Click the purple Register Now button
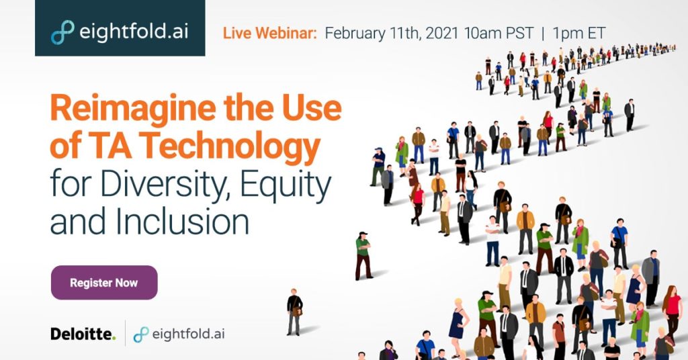[104, 282]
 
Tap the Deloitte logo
[83, 334]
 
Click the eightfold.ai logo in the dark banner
[120, 32]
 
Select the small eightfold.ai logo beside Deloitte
[179, 334]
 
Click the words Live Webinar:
[270, 34]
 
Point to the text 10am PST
[499, 34]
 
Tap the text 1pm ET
[579, 34]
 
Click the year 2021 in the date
[442, 34]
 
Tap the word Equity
[286, 185]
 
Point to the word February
[356, 34]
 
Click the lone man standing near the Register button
[295, 312]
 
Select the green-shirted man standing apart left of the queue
[363, 256]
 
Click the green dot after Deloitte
[114, 338]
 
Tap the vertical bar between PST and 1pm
[543, 34]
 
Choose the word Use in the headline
[312, 108]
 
